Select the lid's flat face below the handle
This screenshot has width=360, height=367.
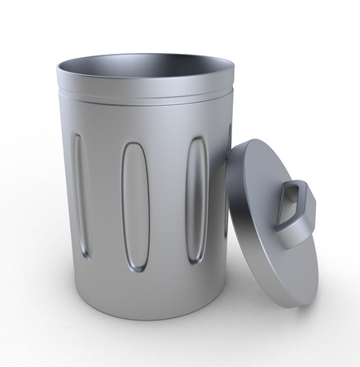277,261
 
